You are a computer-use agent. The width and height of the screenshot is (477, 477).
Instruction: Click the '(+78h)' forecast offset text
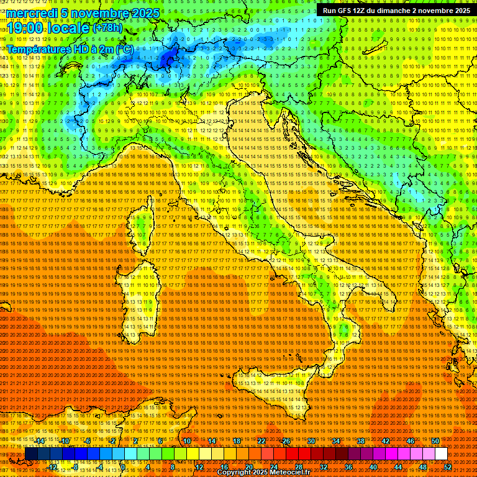click(107, 28)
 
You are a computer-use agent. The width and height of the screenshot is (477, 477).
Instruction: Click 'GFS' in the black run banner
click(344, 11)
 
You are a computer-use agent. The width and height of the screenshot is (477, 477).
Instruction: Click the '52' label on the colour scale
click(448, 466)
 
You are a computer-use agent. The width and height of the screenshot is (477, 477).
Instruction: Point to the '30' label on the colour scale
click(311, 441)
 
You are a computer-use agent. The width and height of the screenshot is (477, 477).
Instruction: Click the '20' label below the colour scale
click(249, 466)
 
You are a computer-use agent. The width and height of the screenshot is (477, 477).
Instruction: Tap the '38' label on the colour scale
click(360, 441)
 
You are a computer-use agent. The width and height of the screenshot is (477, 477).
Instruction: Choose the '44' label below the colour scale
click(398, 466)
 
